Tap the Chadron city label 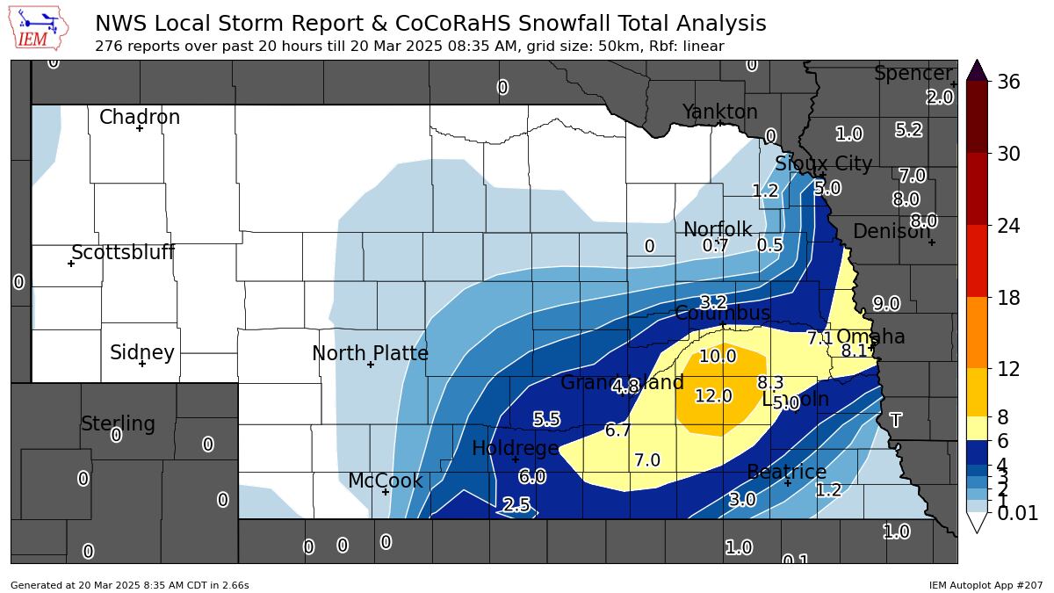click(x=139, y=117)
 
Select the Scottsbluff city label click(x=123, y=253)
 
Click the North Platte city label click(x=370, y=353)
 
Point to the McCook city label click(x=385, y=481)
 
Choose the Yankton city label click(x=719, y=112)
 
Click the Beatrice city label click(x=786, y=472)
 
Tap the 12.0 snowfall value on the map click(x=713, y=396)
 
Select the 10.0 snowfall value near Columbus click(x=718, y=357)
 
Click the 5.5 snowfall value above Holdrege click(x=546, y=420)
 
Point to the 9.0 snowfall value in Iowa click(x=885, y=304)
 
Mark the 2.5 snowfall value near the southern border click(x=516, y=504)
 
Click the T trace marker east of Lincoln click(x=895, y=421)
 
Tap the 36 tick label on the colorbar click(x=1008, y=82)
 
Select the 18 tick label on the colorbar click(x=1008, y=298)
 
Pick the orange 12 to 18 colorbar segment click(x=977, y=332)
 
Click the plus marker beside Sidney click(x=141, y=364)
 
